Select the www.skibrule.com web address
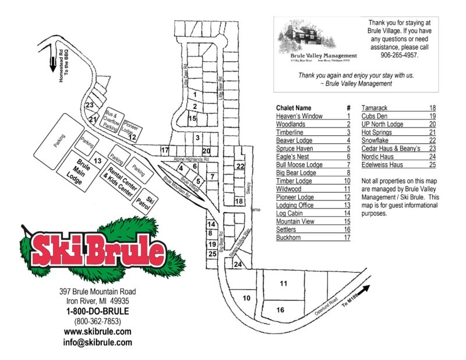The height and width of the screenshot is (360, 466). (x=97, y=331)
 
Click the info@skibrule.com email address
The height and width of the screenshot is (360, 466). (x=97, y=343)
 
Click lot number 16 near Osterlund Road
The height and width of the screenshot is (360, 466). (x=280, y=310)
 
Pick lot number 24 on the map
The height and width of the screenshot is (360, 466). (x=238, y=264)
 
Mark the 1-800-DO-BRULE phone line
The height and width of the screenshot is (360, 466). (x=97, y=311)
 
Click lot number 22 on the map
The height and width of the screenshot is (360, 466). (x=239, y=166)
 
